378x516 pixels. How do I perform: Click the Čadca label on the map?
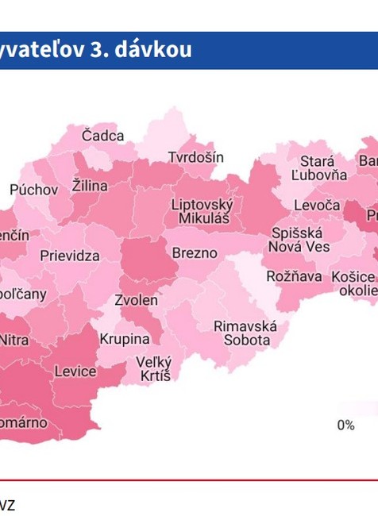[102, 136]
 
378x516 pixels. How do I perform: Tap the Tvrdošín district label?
[195, 157]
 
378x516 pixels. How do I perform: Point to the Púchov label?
[33, 190]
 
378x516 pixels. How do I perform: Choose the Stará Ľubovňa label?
[318, 168]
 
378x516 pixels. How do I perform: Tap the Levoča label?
[317, 205]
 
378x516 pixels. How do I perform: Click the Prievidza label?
[70, 256]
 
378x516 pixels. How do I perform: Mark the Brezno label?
[195, 253]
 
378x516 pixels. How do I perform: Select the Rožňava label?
[294, 276]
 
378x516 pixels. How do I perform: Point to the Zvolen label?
[136, 300]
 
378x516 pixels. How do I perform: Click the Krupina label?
[124, 339]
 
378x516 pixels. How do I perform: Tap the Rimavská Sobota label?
[245, 333]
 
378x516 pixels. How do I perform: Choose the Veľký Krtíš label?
[154, 368]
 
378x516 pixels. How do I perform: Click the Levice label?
[75, 371]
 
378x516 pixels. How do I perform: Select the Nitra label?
[13, 339]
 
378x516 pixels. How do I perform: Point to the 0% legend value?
[345, 426]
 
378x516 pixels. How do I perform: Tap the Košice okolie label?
[354, 283]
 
